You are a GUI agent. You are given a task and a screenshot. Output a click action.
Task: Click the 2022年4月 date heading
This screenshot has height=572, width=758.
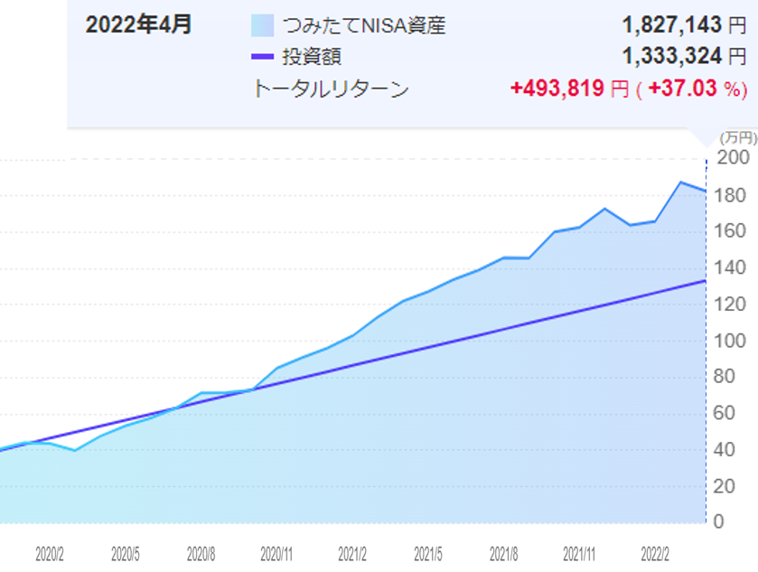pyautogui.click(x=138, y=24)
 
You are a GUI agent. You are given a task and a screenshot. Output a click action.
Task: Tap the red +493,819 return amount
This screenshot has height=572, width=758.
pyautogui.click(x=557, y=89)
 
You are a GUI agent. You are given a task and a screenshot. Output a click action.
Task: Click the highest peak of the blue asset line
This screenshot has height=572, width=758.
pyautogui.click(x=681, y=183)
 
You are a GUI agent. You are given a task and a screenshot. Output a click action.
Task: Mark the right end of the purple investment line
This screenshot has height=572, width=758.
pyautogui.click(x=705, y=281)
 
